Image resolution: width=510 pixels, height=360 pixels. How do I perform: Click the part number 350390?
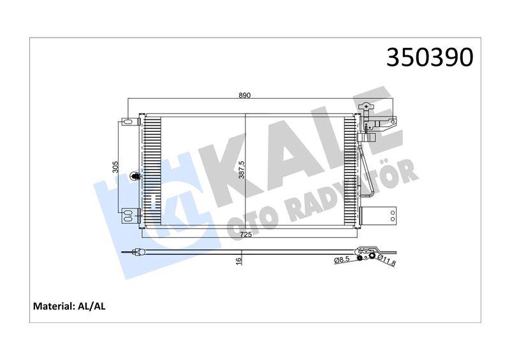click(x=430, y=57)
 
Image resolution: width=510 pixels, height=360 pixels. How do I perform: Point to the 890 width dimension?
click(x=245, y=96)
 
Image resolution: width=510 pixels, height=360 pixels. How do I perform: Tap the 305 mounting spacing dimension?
click(x=115, y=168)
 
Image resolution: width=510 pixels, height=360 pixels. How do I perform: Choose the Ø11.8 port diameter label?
click(x=386, y=261)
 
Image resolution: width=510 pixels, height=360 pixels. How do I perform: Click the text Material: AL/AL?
click(x=69, y=306)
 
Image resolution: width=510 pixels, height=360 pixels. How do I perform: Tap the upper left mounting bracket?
click(x=129, y=120)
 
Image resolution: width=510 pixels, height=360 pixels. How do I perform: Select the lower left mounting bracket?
click(x=129, y=214)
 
